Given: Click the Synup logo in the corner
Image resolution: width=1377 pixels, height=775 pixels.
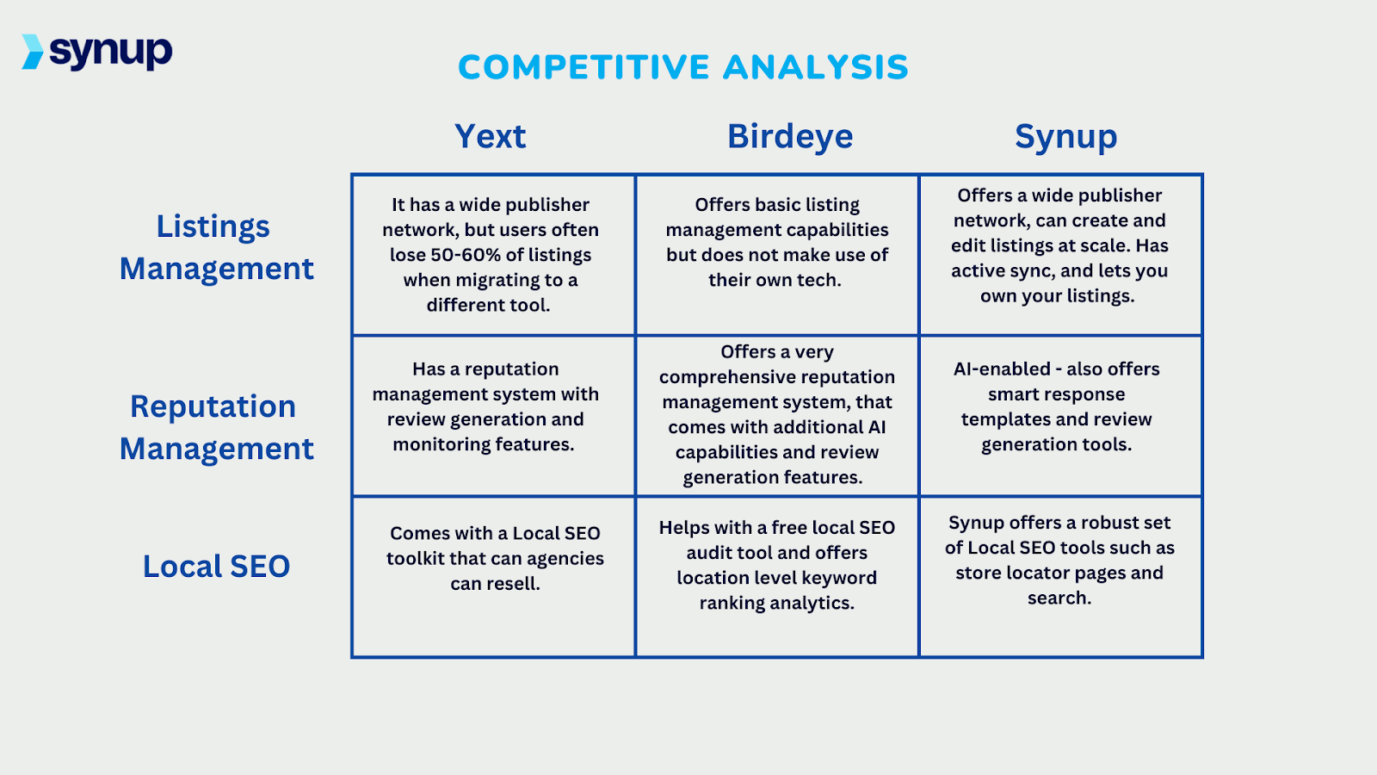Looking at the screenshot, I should pyautogui.click(x=97, y=52).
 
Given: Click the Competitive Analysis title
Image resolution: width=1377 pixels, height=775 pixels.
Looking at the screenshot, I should pyautogui.click(x=682, y=67).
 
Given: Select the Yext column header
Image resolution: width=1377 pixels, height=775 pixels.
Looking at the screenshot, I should pyautogui.click(x=490, y=136).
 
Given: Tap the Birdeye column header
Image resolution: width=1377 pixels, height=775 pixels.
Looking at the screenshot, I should pyautogui.click(x=790, y=136).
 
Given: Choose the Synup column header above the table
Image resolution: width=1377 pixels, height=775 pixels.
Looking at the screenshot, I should pyautogui.click(x=1065, y=137).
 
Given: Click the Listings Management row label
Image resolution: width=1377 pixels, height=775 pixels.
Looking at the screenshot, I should pyautogui.click(x=216, y=247).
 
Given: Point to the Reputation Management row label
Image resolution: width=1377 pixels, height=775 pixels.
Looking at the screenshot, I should pyautogui.click(x=216, y=427).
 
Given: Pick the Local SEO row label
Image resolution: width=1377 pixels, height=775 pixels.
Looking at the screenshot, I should pyautogui.click(x=216, y=567).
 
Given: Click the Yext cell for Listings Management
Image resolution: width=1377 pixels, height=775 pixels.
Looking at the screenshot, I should pyautogui.click(x=493, y=255).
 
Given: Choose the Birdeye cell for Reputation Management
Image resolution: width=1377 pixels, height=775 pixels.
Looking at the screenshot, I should pyautogui.click(x=777, y=415).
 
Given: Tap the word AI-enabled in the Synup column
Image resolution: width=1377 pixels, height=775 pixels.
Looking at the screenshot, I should pyautogui.click(x=1002, y=369).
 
